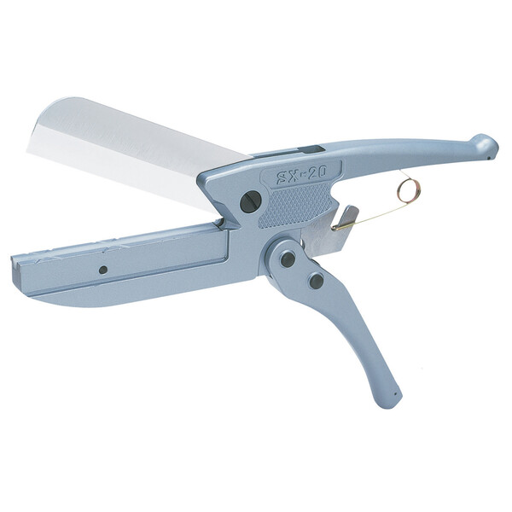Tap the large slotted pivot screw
coord(250,201)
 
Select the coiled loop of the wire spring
coord(409,190)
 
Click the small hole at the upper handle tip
coord(489,158)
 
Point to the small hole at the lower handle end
coord(396,394)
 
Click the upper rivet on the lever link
coord(288,259)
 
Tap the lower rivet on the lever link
coord(316,280)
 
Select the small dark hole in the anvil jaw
coord(103,270)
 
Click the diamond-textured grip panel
coord(294,205)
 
